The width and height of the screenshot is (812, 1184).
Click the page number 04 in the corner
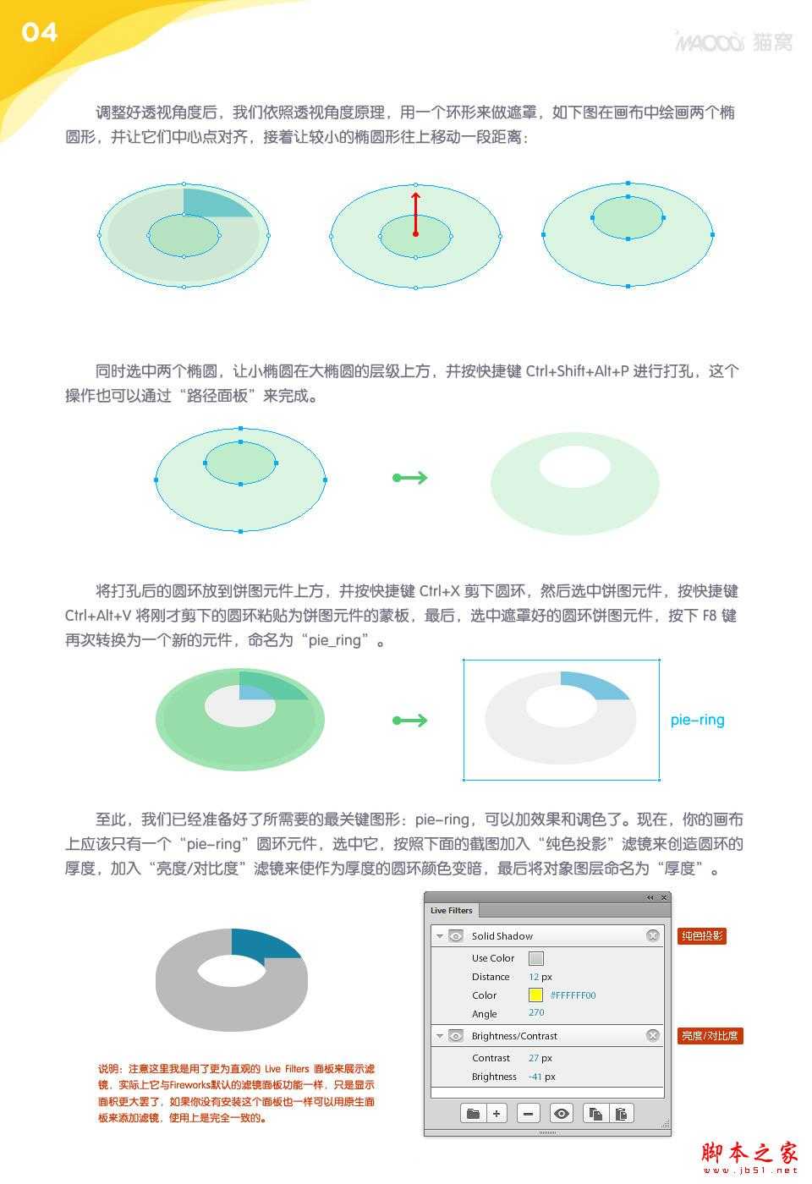39,32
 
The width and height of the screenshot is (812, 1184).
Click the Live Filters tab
451,910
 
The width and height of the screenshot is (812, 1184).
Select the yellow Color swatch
535,995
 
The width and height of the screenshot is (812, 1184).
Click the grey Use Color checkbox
535,958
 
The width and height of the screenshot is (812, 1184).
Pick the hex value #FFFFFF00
573,995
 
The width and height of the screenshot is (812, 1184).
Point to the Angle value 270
536,1012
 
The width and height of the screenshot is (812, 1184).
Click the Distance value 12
534,977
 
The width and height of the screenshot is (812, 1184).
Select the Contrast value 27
534,1058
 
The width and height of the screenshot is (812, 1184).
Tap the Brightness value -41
535,1077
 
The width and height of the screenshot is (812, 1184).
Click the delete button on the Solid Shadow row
652,935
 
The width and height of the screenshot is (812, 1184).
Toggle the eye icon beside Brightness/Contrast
456,1035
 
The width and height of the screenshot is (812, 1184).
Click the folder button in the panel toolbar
473,1113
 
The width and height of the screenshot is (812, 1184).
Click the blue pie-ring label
697,720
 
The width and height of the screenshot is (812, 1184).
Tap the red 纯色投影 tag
701,935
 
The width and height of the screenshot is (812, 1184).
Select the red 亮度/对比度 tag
710,1035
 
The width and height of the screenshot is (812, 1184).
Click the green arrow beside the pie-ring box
410,721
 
